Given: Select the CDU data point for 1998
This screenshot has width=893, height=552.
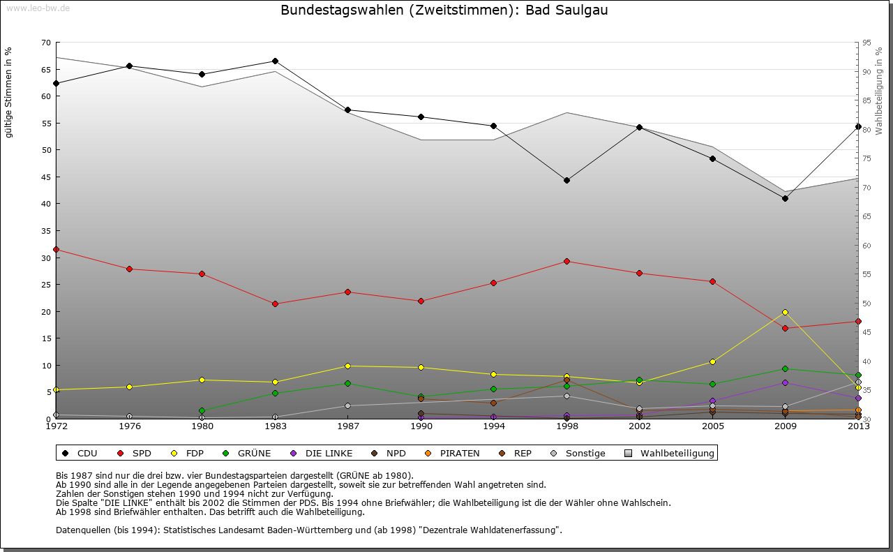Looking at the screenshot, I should pos(566,180).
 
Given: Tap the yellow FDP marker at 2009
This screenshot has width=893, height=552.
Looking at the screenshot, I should pos(786,312).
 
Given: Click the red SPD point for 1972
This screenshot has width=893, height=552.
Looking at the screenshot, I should pos(56,249).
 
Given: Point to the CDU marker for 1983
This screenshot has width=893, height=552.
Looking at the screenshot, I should pos(275,61).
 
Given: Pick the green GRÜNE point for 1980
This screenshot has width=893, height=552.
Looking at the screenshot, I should pos(202,410).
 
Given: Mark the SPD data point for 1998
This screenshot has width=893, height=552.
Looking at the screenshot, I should pos(566,261).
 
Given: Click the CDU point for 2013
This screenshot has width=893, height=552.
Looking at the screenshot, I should pos(858,126).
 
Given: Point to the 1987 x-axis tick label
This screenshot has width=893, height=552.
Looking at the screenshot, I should pos(347,426).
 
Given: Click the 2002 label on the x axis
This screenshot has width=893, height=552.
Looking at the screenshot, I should pos(640,426).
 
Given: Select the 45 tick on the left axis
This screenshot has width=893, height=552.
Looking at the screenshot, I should pos(46,177).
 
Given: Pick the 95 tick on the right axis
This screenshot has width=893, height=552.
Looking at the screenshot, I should pos(866,43).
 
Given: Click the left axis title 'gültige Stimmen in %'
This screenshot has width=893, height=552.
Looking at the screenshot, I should pos(9,93).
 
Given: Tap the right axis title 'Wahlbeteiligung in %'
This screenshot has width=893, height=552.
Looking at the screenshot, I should pos(879,91).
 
